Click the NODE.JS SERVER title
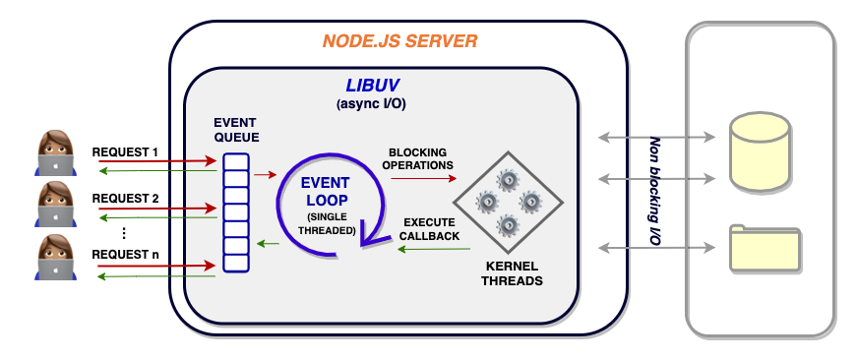399,41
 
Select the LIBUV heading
372,86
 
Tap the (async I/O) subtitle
372,104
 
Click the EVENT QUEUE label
236,130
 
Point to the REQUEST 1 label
125,152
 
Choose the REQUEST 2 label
125,199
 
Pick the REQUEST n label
125,255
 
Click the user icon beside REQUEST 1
56,153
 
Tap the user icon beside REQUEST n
56,258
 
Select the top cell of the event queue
236,161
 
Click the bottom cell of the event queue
236,263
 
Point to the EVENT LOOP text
326,191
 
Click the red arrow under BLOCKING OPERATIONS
424,178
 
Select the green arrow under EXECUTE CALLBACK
434,249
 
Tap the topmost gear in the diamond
508,180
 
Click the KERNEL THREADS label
512,273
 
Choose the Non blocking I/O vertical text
654,191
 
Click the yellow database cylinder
760,151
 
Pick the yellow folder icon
765,248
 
